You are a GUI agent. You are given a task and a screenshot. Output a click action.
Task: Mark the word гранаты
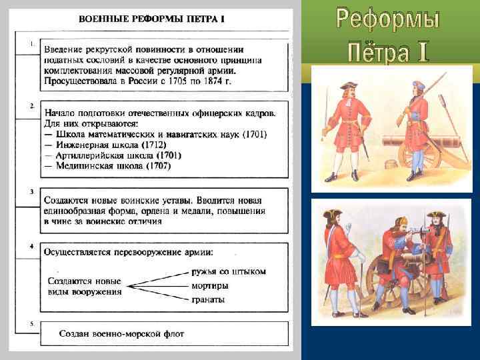[207, 299]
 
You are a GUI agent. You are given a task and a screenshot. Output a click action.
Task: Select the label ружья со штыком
[228, 271]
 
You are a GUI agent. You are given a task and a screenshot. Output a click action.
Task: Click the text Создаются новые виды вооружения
[85, 286]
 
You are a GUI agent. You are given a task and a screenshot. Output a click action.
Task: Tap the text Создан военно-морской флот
[121, 333]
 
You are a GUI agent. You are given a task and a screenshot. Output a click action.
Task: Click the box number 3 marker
[32, 191]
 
